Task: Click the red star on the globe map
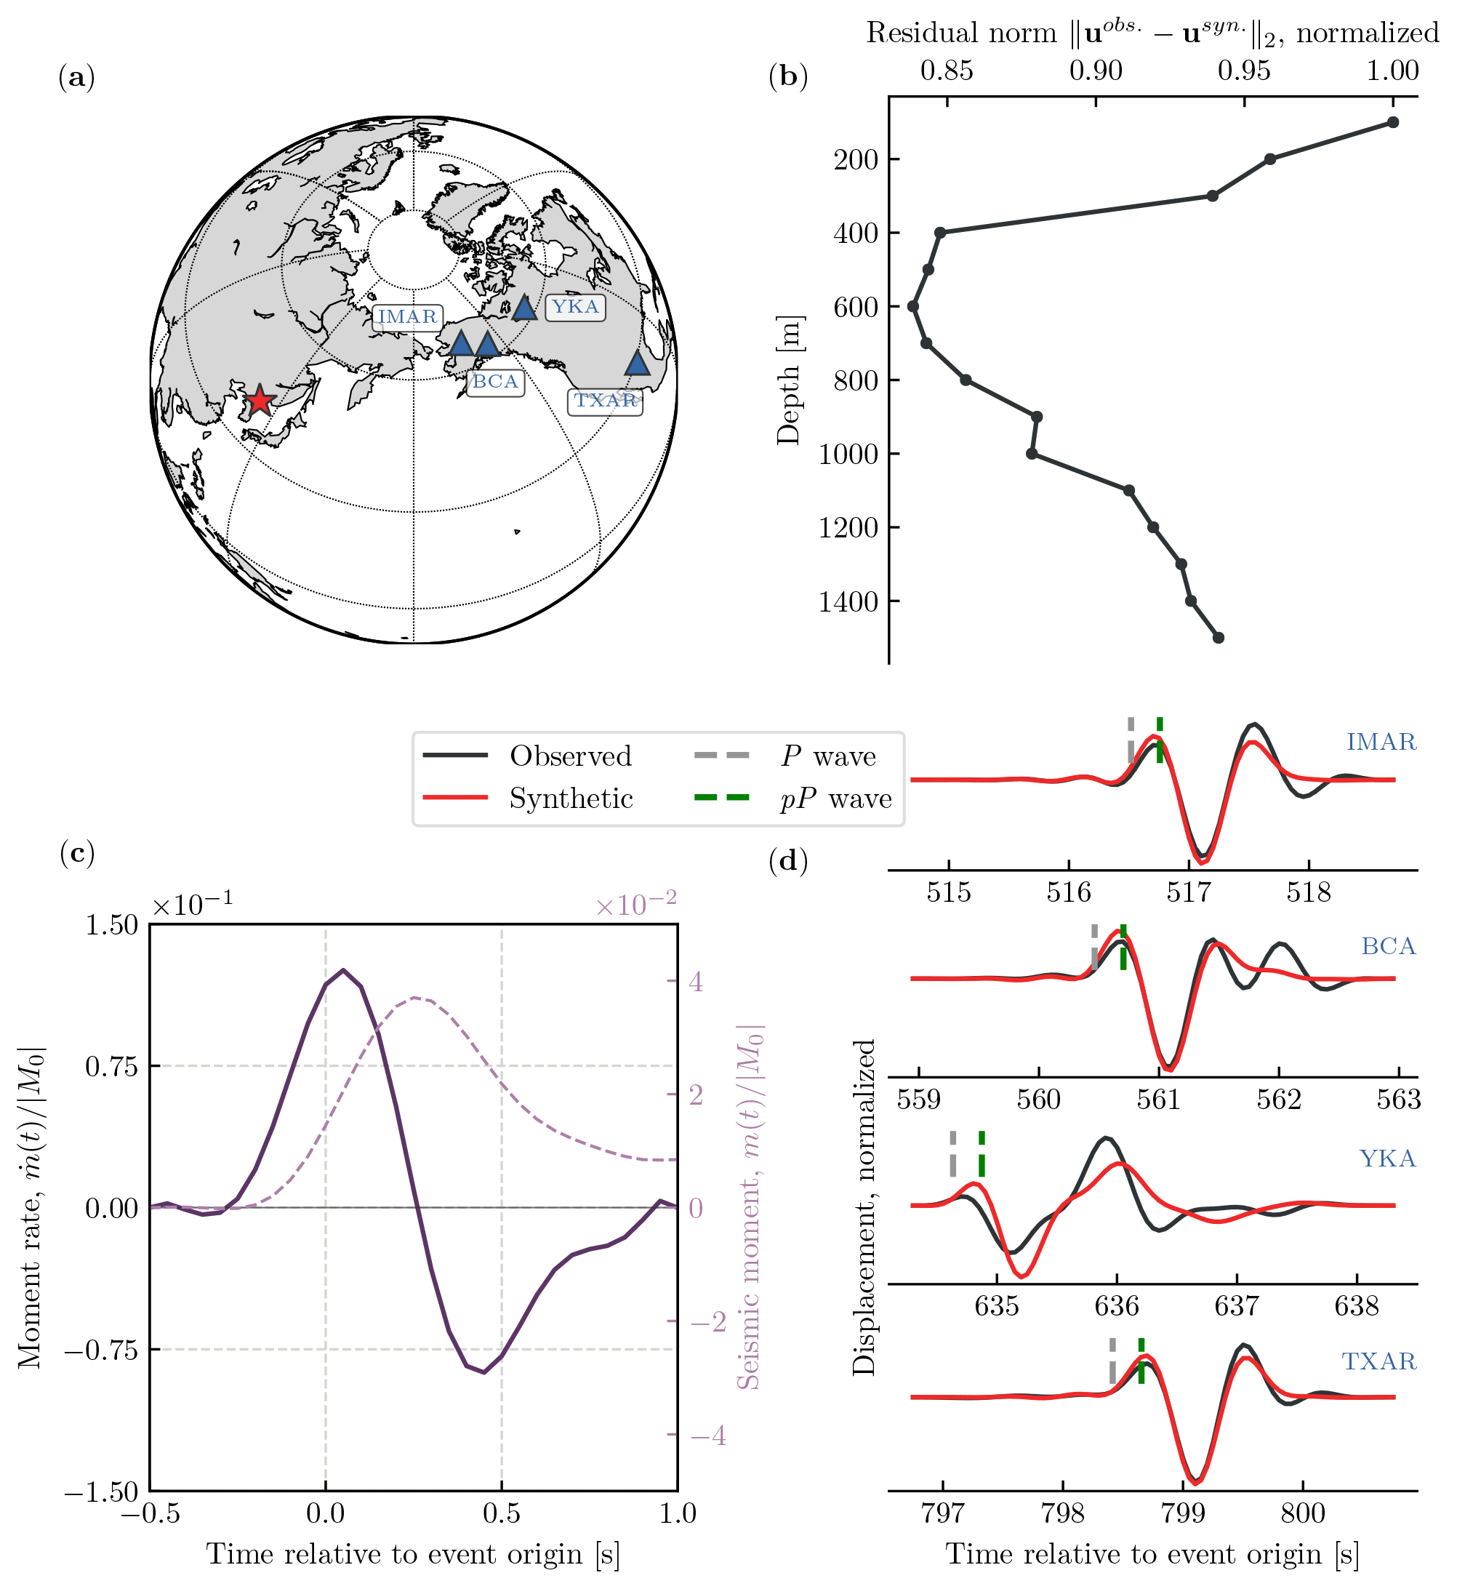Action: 260,401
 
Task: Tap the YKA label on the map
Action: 575,307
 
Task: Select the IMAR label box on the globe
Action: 407,317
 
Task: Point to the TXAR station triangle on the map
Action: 637,364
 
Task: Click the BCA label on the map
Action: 494,383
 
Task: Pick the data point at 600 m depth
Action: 913,306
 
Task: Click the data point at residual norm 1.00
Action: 1393,122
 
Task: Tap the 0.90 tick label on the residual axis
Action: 1095,71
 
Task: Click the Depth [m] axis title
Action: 788,380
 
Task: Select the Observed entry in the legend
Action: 570,756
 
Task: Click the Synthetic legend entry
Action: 570,798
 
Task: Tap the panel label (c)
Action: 76,853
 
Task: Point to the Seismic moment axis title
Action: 750,1206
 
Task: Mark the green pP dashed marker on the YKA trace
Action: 982,1153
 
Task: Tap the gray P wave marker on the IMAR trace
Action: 1131,740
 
